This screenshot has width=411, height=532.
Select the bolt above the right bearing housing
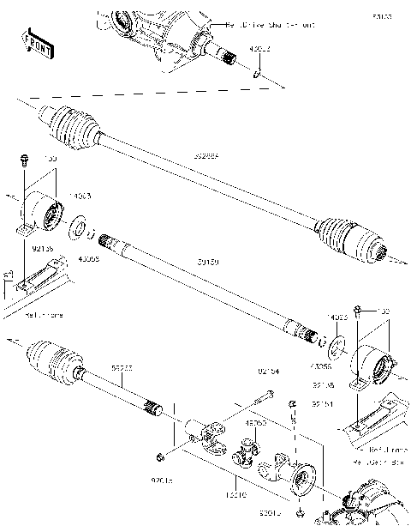point(361,310)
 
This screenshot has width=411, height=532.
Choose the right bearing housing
point(370,364)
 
